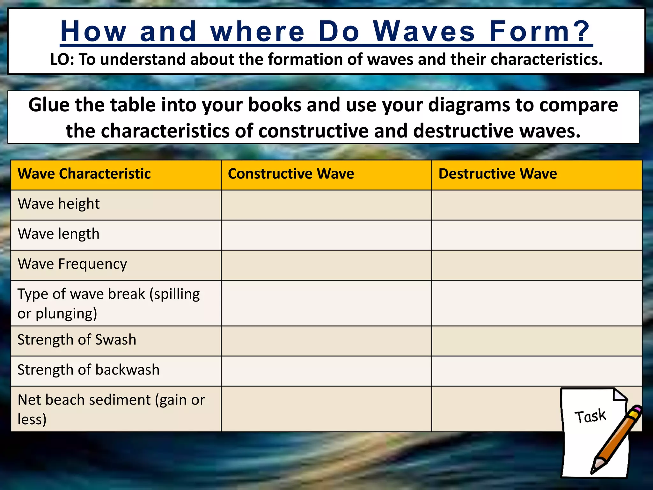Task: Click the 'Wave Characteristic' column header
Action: (84, 174)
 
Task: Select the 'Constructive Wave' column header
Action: (291, 174)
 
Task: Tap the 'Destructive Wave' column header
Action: (497, 174)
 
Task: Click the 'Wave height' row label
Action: (59, 204)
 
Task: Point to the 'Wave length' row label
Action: (59, 234)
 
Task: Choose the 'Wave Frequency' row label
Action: (72, 264)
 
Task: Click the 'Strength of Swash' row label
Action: (77, 340)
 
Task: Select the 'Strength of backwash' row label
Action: (88, 370)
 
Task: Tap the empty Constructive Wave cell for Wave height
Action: (326, 205)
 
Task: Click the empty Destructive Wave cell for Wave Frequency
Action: (537, 265)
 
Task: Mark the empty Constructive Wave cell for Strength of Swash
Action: (326, 341)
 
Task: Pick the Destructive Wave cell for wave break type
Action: (537, 303)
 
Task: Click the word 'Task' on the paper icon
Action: (590, 416)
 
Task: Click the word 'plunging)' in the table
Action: (66, 314)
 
